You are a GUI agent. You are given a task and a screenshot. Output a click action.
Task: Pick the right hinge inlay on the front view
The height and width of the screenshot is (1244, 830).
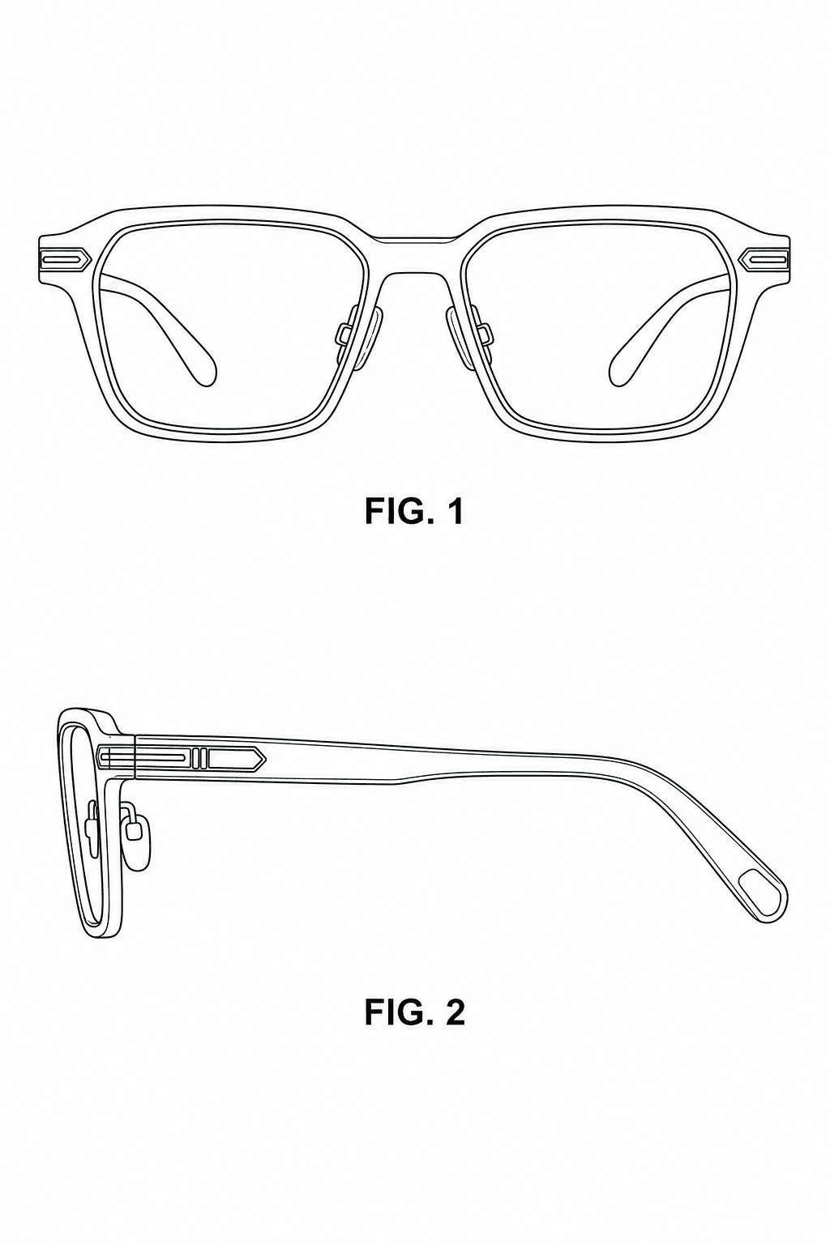(x=765, y=258)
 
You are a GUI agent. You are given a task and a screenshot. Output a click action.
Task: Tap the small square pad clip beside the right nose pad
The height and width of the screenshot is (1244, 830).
(x=486, y=333)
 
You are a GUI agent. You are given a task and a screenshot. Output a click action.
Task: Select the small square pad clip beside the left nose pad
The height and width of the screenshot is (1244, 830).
(x=343, y=333)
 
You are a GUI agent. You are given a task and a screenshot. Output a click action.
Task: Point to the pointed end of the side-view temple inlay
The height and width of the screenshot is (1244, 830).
(x=265, y=757)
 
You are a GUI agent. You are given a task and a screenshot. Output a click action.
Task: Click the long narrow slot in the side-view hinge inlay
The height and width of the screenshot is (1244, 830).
(x=144, y=756)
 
